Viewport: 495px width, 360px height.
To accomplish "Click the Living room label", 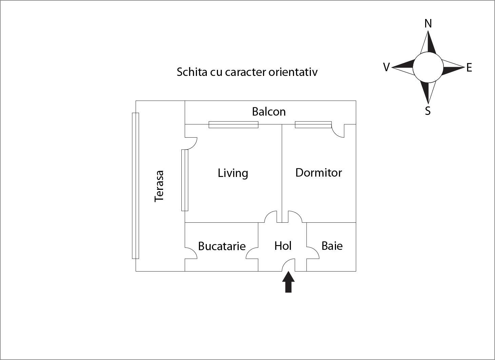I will tap(233, 173).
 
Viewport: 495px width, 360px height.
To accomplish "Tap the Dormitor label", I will tap(318, 173).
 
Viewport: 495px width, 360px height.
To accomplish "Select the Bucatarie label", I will tap(222, 246).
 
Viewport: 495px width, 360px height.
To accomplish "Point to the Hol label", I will tap(283, 246).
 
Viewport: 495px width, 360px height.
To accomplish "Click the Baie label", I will tap(332, 246).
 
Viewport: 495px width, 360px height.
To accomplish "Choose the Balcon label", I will tap(269, 112).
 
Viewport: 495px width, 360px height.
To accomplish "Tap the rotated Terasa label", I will tap(159, 186).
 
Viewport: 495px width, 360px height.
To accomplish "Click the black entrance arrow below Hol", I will tap(288, 282).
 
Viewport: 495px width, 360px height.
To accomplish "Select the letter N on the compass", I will tap(428, 23).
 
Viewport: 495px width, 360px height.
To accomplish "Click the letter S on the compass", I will tap(428, 111).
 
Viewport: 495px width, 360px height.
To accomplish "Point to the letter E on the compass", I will tap(469, 68).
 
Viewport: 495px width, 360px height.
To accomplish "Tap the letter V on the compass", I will tap(386, 67).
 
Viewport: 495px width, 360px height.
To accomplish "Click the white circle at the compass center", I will tap(428, 67).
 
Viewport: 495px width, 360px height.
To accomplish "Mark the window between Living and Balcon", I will tap(233, 125).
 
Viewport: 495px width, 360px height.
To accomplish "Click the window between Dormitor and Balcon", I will tap(313, 125).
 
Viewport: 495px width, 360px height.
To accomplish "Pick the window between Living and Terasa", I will tap(185, 180).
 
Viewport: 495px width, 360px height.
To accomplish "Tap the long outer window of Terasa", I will tap(135, 185).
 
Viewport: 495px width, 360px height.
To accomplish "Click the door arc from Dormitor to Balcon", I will tap(338, 132).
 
